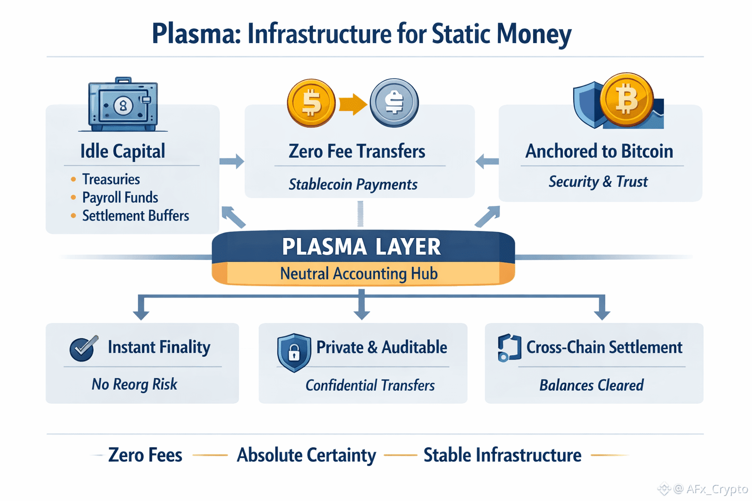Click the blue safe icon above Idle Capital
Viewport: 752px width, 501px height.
click(123, 105)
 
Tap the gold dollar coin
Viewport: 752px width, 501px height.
click(311, 103)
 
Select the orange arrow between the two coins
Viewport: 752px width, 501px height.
click(352, 104)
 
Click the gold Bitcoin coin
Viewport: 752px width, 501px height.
click(626, 99)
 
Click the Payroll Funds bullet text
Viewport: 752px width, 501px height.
click(120, 198)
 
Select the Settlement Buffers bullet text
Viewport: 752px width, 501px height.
click(135, 216)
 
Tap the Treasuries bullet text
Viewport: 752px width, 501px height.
click(111, 180)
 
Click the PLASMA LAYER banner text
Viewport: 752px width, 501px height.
click(361, 247)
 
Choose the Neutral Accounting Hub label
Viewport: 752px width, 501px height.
click(359, 273)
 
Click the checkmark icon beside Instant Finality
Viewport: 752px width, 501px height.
click(83, 348)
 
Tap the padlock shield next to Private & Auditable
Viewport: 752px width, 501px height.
click(294, 351)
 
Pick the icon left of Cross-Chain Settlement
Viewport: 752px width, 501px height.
click(509, 348)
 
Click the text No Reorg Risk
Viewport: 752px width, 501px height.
click(134, 385)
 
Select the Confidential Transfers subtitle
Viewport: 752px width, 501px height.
click(370, 386)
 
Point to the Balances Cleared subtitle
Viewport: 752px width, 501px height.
click(591, 386)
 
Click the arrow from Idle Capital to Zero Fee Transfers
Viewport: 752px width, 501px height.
click(232, 161)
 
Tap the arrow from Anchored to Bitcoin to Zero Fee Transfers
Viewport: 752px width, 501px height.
click(487, 161)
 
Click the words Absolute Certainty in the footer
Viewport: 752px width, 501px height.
click(306, 455)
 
